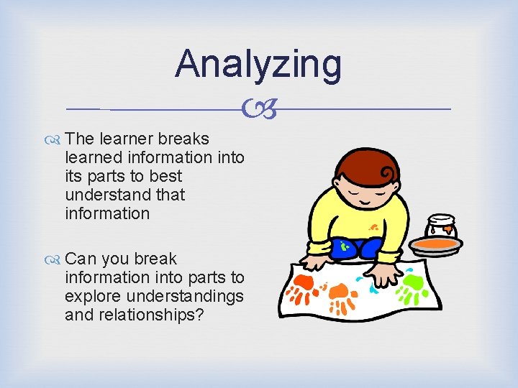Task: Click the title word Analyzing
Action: pyautogui.click(x=258, y=65)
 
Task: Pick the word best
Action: pyautogui.click(x=165, y=176)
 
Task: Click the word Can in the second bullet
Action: pyautogui.click(x=80, y=259)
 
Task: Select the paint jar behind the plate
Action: pyautogui.click(x=440, y=227)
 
